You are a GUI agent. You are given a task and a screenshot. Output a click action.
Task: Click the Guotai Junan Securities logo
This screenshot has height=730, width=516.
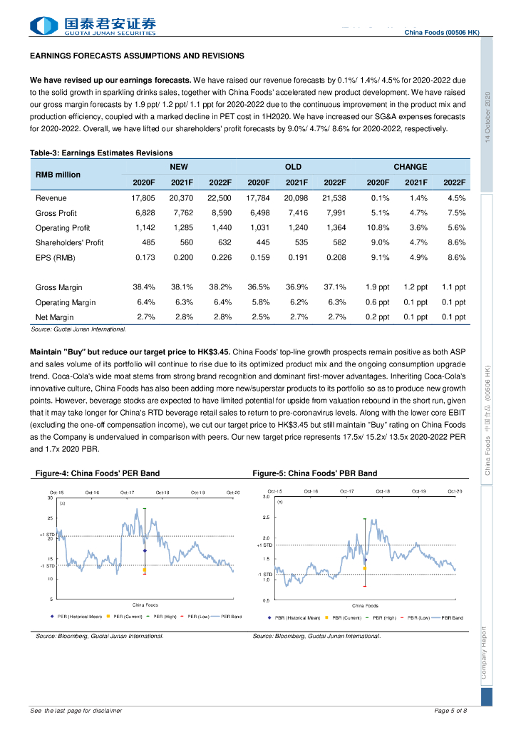click(x=93, y=26)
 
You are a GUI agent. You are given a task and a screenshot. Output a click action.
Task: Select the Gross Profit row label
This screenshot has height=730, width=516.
click(x=56, y=213)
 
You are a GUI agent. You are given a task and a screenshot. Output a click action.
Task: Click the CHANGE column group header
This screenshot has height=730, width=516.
click(x=411, y=167)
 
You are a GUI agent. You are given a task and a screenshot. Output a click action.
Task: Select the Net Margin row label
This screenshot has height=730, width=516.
click(x=55, y=317)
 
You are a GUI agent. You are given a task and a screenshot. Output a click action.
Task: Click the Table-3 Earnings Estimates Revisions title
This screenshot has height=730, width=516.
click(x=101, y=153)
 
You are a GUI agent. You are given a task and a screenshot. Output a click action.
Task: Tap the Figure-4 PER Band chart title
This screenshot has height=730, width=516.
click(x=98, y=473)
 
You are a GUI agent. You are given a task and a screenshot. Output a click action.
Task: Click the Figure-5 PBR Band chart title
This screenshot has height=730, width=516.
click(x=315, y=473)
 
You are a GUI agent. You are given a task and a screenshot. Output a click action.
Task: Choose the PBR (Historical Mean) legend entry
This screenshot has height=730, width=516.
click(x=293, y=617)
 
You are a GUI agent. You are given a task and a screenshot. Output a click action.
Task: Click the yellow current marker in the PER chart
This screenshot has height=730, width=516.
click(x=145, y=570)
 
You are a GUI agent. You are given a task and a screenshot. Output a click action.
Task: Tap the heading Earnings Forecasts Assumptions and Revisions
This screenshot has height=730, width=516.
click(x=137, y=56)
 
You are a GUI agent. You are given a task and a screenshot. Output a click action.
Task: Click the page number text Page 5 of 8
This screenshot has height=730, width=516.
click(x=450, y=711)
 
